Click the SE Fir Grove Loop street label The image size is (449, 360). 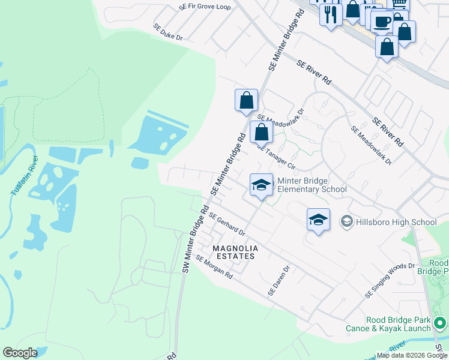pos(205,7)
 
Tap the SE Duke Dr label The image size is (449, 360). pos(167,32)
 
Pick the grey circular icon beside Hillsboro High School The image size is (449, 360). pos(346,222)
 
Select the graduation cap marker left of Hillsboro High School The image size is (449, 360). pos(318,220)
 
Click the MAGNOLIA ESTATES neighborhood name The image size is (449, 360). pos(235,252)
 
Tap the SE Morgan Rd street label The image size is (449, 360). pos(214,266)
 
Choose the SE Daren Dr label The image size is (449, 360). pos(279,281)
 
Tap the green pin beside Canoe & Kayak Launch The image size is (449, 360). pos(440,324)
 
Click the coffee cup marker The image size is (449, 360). pos(382,23)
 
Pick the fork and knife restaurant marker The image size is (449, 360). pos(330,13)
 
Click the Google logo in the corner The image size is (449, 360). pos(20,353)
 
